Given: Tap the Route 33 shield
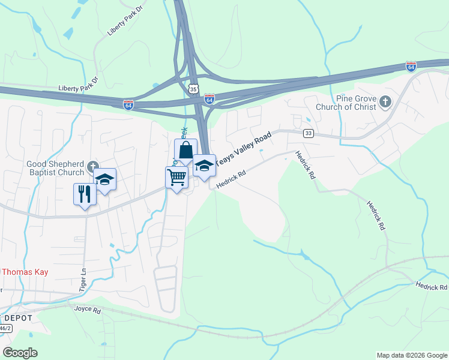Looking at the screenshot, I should pos(308,134).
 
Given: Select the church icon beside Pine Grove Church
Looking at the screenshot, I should pos(385,103).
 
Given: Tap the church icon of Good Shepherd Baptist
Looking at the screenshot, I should pos(92,166).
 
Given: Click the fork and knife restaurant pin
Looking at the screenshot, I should pos(84,194).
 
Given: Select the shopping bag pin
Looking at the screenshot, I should pos(185,150).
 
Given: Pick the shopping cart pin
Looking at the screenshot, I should pos(176,178).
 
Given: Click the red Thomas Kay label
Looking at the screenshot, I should pos(24,272).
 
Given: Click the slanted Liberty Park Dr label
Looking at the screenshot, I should pos(124,22).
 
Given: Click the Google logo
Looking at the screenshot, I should pos(20,353).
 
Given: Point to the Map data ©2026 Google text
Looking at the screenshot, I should pos(411,355).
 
